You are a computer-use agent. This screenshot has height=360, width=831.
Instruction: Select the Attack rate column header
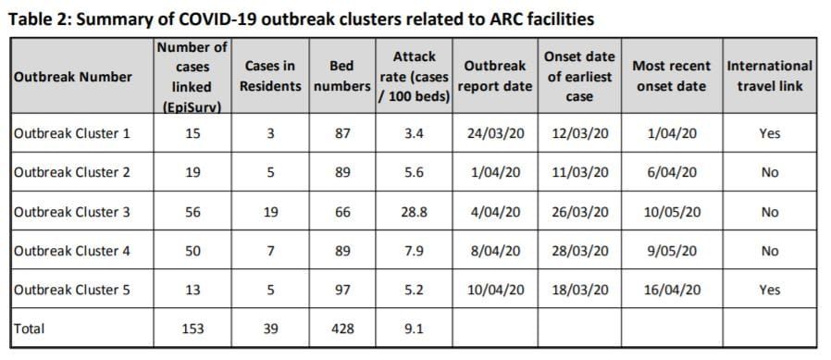click(414, 77)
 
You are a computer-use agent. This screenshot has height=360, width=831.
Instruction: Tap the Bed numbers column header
click(341, 77)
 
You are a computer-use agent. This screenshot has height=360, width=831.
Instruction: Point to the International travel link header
click(769, 77)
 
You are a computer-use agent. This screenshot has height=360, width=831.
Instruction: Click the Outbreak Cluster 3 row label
click(72, 212)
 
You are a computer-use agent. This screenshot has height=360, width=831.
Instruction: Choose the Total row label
click(31, 328)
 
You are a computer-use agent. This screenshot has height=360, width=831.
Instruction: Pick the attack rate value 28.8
click(414, 212)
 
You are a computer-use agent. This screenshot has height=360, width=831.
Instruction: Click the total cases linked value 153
click(192, 328)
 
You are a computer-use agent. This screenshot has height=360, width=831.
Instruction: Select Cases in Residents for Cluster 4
click(270, 251)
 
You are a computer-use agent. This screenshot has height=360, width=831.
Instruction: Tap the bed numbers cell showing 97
click(341, 290)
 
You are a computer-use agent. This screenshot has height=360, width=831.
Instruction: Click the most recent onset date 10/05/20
click(672, 212)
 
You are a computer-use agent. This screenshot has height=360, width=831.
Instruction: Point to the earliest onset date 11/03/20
click(580, 172)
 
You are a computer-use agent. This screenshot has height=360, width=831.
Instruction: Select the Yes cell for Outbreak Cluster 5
click(769, 290)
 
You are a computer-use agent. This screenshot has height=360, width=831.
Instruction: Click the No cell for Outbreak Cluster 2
click(769, 172)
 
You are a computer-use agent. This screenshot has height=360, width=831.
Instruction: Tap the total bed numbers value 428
click(341, 328)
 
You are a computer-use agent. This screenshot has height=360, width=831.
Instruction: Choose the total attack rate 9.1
click(414, 328)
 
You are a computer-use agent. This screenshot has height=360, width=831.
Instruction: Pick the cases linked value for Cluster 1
click(192, 133)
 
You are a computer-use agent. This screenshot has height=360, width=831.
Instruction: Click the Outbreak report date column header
click(498, 77)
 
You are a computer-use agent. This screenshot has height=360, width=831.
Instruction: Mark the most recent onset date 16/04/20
click(672, 290)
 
